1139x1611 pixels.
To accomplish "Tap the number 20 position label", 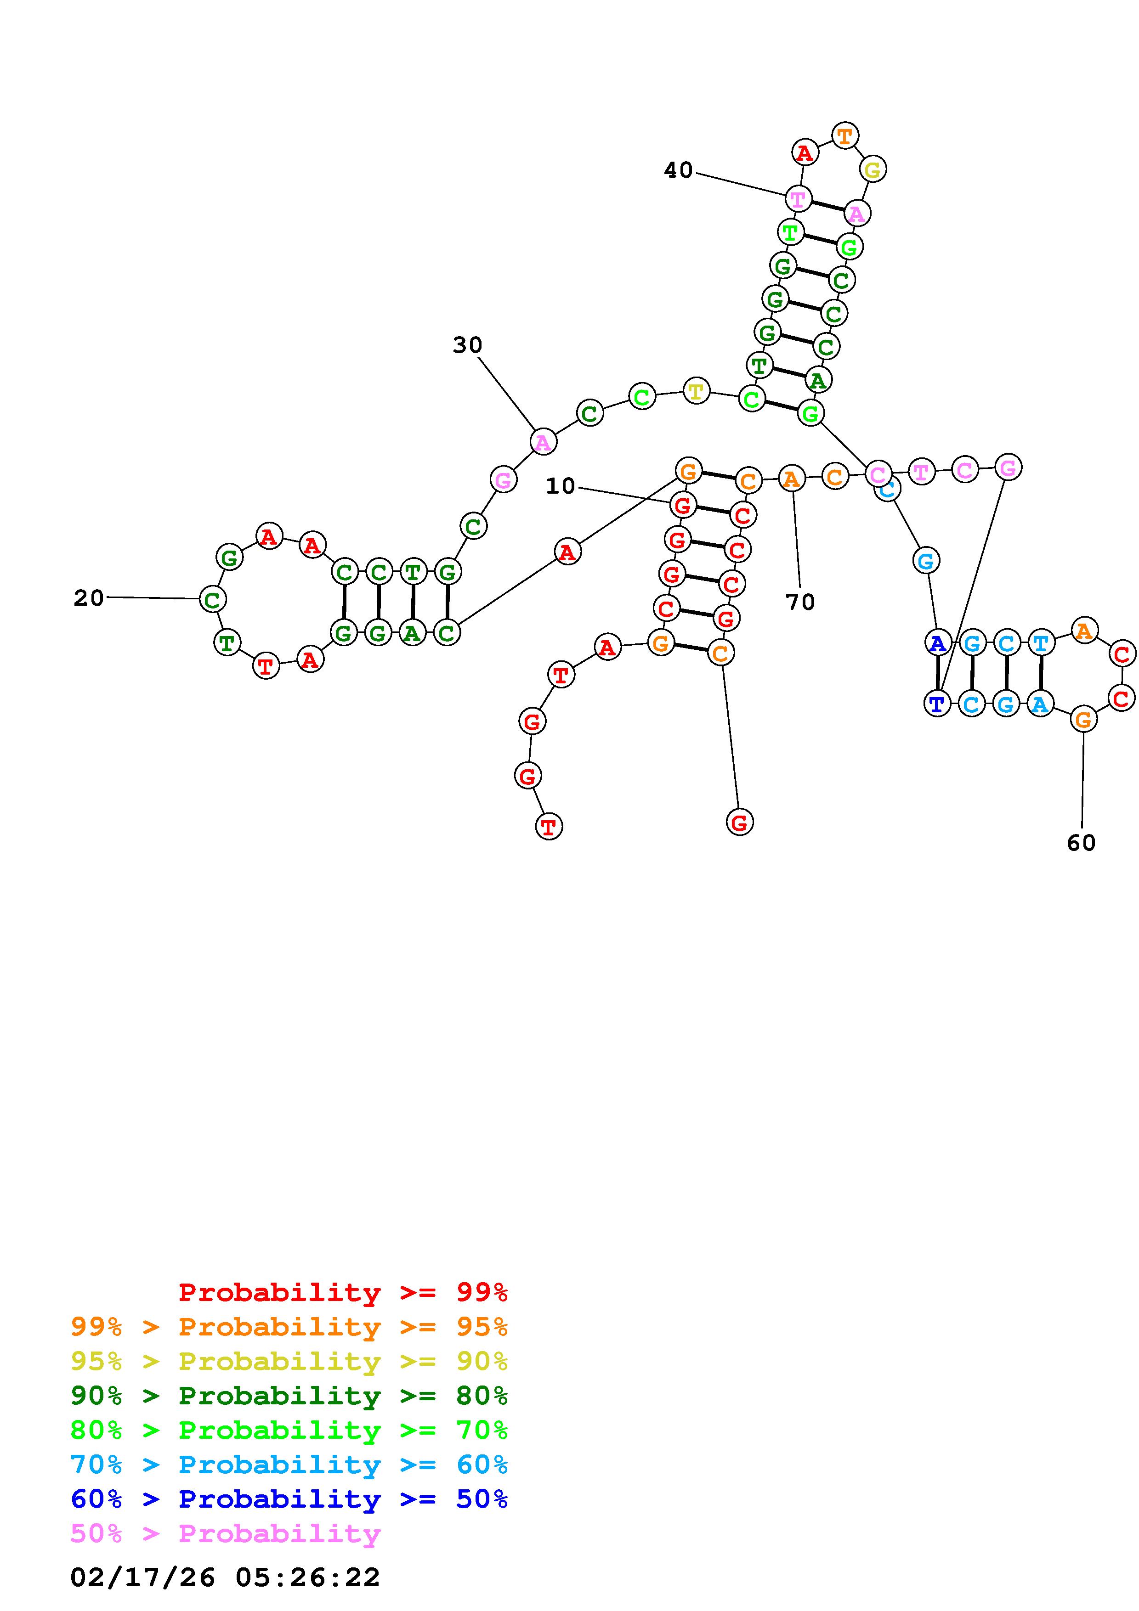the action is (x=88, y=598).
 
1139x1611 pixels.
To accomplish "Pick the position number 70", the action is (x=800, y=602).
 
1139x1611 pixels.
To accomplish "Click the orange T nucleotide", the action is (x=845, y=135).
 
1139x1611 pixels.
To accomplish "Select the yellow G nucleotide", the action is (x=873, y=169).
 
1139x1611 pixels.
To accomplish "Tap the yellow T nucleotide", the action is (x=696, y=391).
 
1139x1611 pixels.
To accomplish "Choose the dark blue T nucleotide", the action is (x=937, y=703).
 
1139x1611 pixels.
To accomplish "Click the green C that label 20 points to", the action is (x=212, y=599).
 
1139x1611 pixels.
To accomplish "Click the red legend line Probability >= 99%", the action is (x=343, y=1292).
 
